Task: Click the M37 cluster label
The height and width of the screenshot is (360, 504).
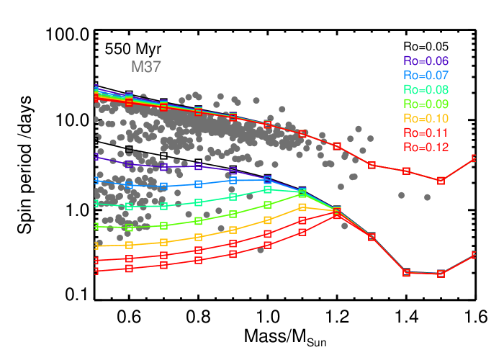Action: [146, 67]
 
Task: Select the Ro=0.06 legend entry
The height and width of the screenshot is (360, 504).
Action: [426, 61]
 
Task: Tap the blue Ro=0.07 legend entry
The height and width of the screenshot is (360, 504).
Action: [426, 76]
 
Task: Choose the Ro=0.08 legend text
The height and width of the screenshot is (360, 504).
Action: [426, 90]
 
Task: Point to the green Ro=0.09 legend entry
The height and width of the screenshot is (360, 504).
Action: [426, 104]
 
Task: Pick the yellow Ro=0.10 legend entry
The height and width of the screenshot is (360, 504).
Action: [426, 119]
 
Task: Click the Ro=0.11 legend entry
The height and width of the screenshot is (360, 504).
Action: [426, 133]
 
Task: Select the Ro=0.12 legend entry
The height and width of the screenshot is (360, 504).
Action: [426, 148]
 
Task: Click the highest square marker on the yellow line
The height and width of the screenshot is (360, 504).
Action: [302, 207]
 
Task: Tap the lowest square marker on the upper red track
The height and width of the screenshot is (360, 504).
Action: [441, 181]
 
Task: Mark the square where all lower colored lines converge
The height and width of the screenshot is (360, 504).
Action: [337, 212]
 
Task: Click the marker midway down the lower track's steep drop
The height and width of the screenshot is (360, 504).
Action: [372, 237]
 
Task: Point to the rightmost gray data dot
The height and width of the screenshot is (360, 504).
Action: [427, 197]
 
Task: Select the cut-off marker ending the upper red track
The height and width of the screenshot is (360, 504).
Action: [474, 158]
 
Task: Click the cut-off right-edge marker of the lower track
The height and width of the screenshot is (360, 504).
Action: [474, 255]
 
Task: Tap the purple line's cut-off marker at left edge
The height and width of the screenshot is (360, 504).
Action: [96, 156]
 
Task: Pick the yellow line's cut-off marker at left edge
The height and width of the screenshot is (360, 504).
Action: [96, 246]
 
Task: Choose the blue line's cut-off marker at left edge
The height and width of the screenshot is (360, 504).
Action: [96, 181]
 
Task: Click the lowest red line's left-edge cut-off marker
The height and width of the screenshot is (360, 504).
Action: [96, 271]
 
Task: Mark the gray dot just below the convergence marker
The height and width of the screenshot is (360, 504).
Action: [344, 226]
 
